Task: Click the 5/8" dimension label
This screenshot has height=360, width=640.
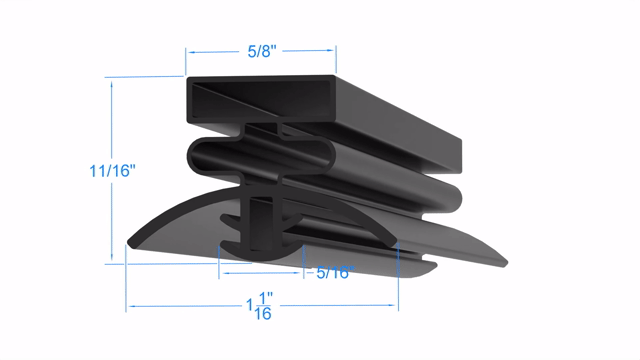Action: pos(262,51)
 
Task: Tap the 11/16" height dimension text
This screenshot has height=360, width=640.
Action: pos(112,171)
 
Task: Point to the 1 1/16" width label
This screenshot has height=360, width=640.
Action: pos(260,306)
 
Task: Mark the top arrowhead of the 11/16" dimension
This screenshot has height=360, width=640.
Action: pos(111,85)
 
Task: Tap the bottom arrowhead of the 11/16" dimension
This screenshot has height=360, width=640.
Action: pos(111,256)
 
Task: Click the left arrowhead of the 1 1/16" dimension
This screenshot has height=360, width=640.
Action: pos(132,306)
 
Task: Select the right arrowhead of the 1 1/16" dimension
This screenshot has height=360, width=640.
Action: pos(392,305)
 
